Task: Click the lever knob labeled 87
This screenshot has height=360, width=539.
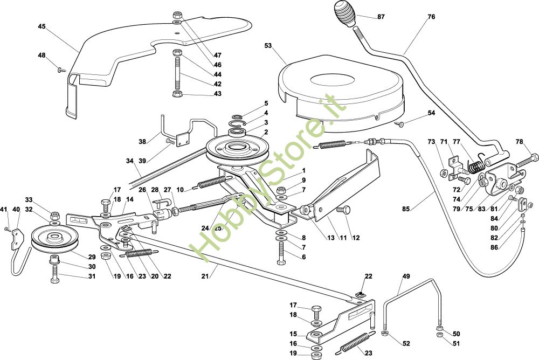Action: [x=345, y=12]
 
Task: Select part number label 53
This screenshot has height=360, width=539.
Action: [x=268, y=46]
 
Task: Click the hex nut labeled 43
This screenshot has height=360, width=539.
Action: [x=176, y=94]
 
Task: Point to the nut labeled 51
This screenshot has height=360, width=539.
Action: [x=440, y=337]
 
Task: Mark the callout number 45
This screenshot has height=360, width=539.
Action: [x=42, y=26]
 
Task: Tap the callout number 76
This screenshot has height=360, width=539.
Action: [x=431, y=17]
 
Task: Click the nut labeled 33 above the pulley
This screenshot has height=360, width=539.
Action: [x=55, y=216]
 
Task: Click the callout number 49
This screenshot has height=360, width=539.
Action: [x=406, y=276]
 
